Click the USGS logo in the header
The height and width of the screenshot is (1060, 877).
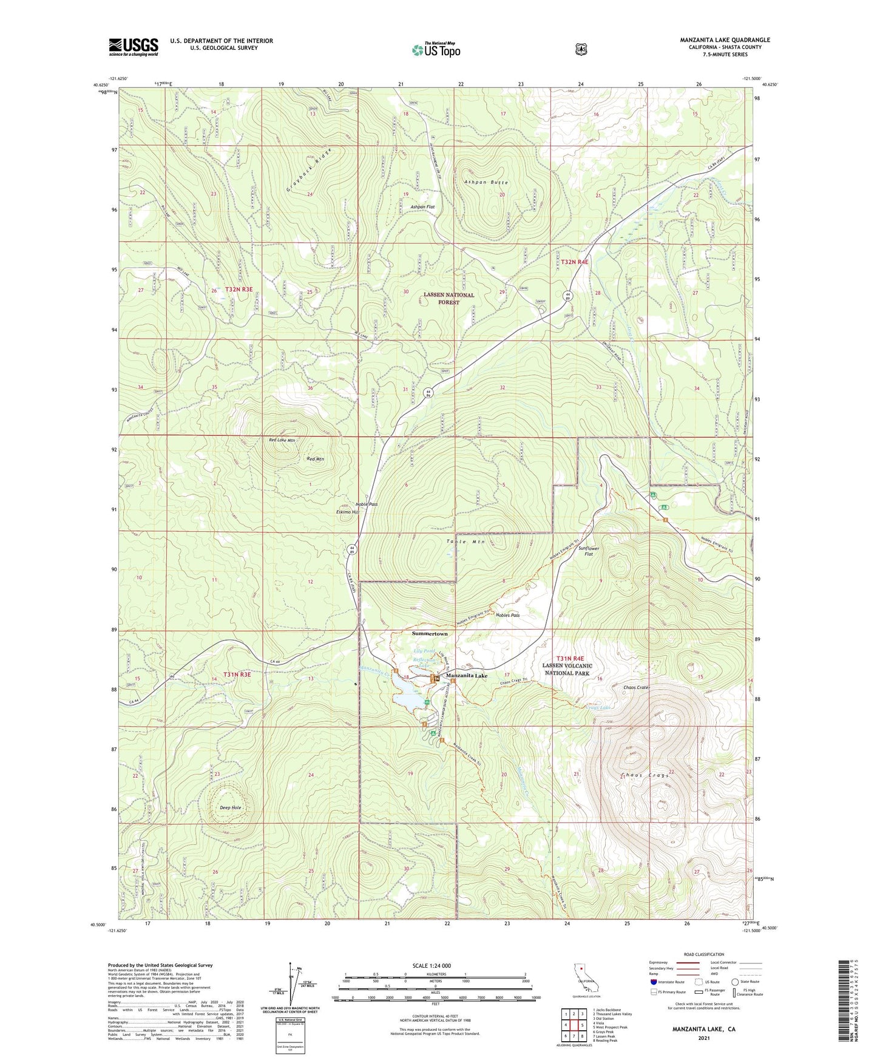pyautogui.click(x=134, y=47)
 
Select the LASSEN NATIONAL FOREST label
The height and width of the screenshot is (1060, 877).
pyautogui.click(x=449, y=298)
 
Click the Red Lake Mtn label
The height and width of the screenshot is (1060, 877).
pyautogui.click(x=282, y=440)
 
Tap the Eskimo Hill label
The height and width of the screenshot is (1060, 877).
pyautogui.click(x=348, y=512)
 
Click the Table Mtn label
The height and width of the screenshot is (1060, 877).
pyautogui.click(x=466, y=542)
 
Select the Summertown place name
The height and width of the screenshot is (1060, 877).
pyautogui.click(x=430, y=633)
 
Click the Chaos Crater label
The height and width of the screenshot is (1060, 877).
pyautogui.click(x=637, y=688)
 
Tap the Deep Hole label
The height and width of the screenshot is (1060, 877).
pyautogui.click(x=231, y=807)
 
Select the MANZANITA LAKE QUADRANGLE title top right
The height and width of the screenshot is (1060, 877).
pyautogui.click(x=725, y=40)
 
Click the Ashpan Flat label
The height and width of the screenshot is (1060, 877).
pyautogui.click(x=422, y=207)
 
